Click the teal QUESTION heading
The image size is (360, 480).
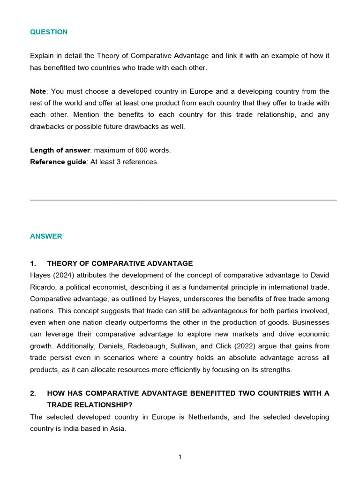[x=49, y=32]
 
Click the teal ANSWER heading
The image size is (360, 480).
[x=46, y=236]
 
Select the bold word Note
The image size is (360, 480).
[x=38, y=91]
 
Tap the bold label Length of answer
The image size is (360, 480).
[x=60, y=150]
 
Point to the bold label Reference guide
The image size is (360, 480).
[x=58, y=162]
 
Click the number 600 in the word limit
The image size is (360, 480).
[x=142, y=150]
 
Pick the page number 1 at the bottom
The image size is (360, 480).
[x=180, y=457]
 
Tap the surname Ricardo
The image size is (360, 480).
[x=43, y=287]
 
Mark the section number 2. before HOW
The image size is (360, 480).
[x=33, y=393]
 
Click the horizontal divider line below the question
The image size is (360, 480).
[x=183, y=200]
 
